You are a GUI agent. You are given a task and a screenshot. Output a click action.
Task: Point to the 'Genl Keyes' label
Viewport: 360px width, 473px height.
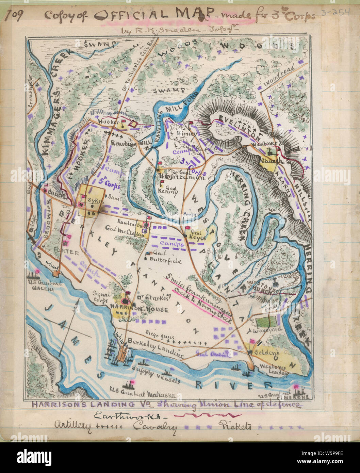tap(197, 236)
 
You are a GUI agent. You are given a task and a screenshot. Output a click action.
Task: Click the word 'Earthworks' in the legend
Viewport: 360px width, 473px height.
tap(130, 415)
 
